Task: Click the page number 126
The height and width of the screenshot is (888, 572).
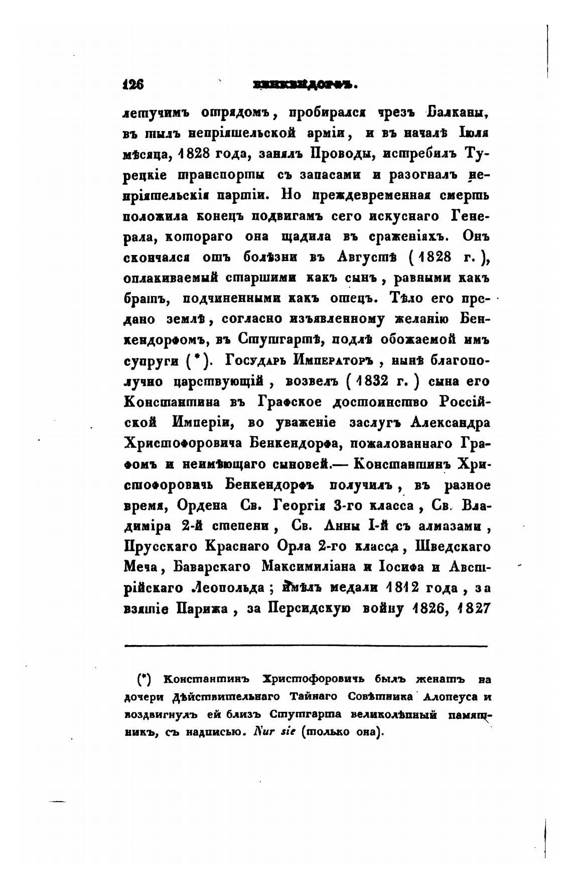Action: (x=133, y=85)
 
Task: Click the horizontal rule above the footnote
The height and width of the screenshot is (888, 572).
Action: (x=306, y=646)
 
